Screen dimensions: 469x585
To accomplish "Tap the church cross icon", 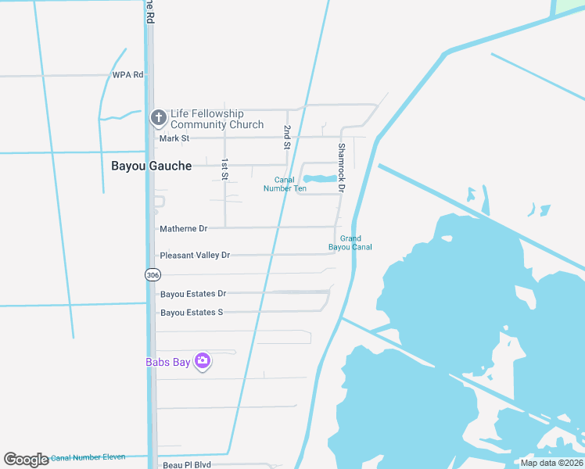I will [x=158, y=118].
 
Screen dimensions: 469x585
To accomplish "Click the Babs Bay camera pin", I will [x=203, y=361].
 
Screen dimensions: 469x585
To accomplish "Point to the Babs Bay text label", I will [x=168, y=362].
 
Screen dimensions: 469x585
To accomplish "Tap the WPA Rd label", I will [x=128, y=75].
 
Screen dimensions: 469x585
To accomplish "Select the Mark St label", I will [x=174, y=138].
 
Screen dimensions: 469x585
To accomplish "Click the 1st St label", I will [x=224, y=170].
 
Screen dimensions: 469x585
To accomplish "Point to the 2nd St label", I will [x=287, y=137].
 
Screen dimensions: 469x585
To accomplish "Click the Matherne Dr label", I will [x=184, y=229].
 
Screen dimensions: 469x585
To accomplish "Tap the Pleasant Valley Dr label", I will [x=195, y=256].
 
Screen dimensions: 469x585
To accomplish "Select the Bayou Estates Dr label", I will [x=193, y=294].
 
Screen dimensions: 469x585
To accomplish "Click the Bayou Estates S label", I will [x=192, y=313].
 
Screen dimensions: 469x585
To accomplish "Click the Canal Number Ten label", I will [x=285, y=184].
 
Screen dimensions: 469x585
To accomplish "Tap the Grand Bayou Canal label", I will [x=350, y=243].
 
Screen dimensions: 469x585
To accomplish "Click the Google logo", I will [x=26, y=460].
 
